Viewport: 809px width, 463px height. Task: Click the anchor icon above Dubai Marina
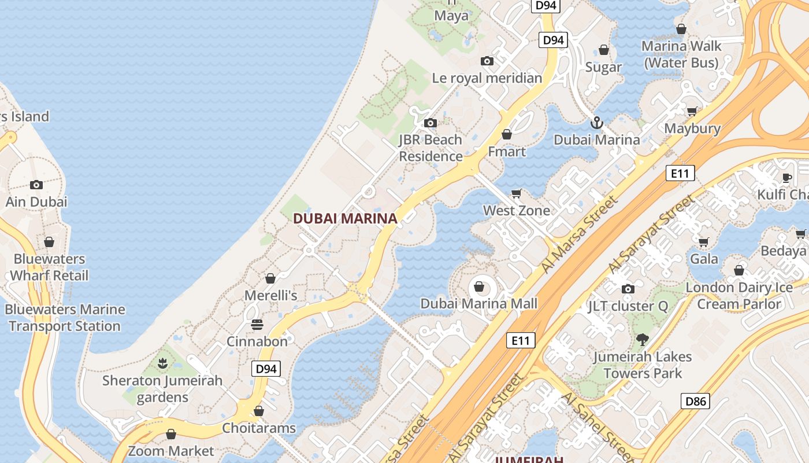tap(596, 123)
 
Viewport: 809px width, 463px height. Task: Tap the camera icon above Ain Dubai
tap(36, 185)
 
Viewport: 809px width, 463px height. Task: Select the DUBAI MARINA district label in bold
tap(345, 219)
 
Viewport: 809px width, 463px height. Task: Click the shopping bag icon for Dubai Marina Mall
tap(478, 286)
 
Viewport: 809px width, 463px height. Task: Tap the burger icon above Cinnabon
tap(257, 324)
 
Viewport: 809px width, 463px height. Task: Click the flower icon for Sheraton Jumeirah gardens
tap(162, 363)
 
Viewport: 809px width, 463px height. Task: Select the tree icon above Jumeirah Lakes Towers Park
tap(642, 340)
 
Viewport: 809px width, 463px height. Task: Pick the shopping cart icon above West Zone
tap(517, 193)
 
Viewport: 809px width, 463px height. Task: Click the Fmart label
tap(507, 152)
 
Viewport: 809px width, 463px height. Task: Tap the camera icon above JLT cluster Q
tap(628, 289)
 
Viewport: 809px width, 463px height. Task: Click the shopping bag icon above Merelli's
tap(270, 278)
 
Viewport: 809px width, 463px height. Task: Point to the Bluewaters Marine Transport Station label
tap(65, 318)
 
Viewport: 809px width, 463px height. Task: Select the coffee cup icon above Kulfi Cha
tap(786, 177)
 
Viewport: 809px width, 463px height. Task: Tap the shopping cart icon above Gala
tap(703, 242)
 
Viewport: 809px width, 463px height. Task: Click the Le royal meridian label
tap(487, 78)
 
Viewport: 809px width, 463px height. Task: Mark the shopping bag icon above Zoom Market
tap(171, 434)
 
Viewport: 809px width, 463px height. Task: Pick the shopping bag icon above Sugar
tap(604, 50)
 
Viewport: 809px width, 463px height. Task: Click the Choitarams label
tap(259, 428)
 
